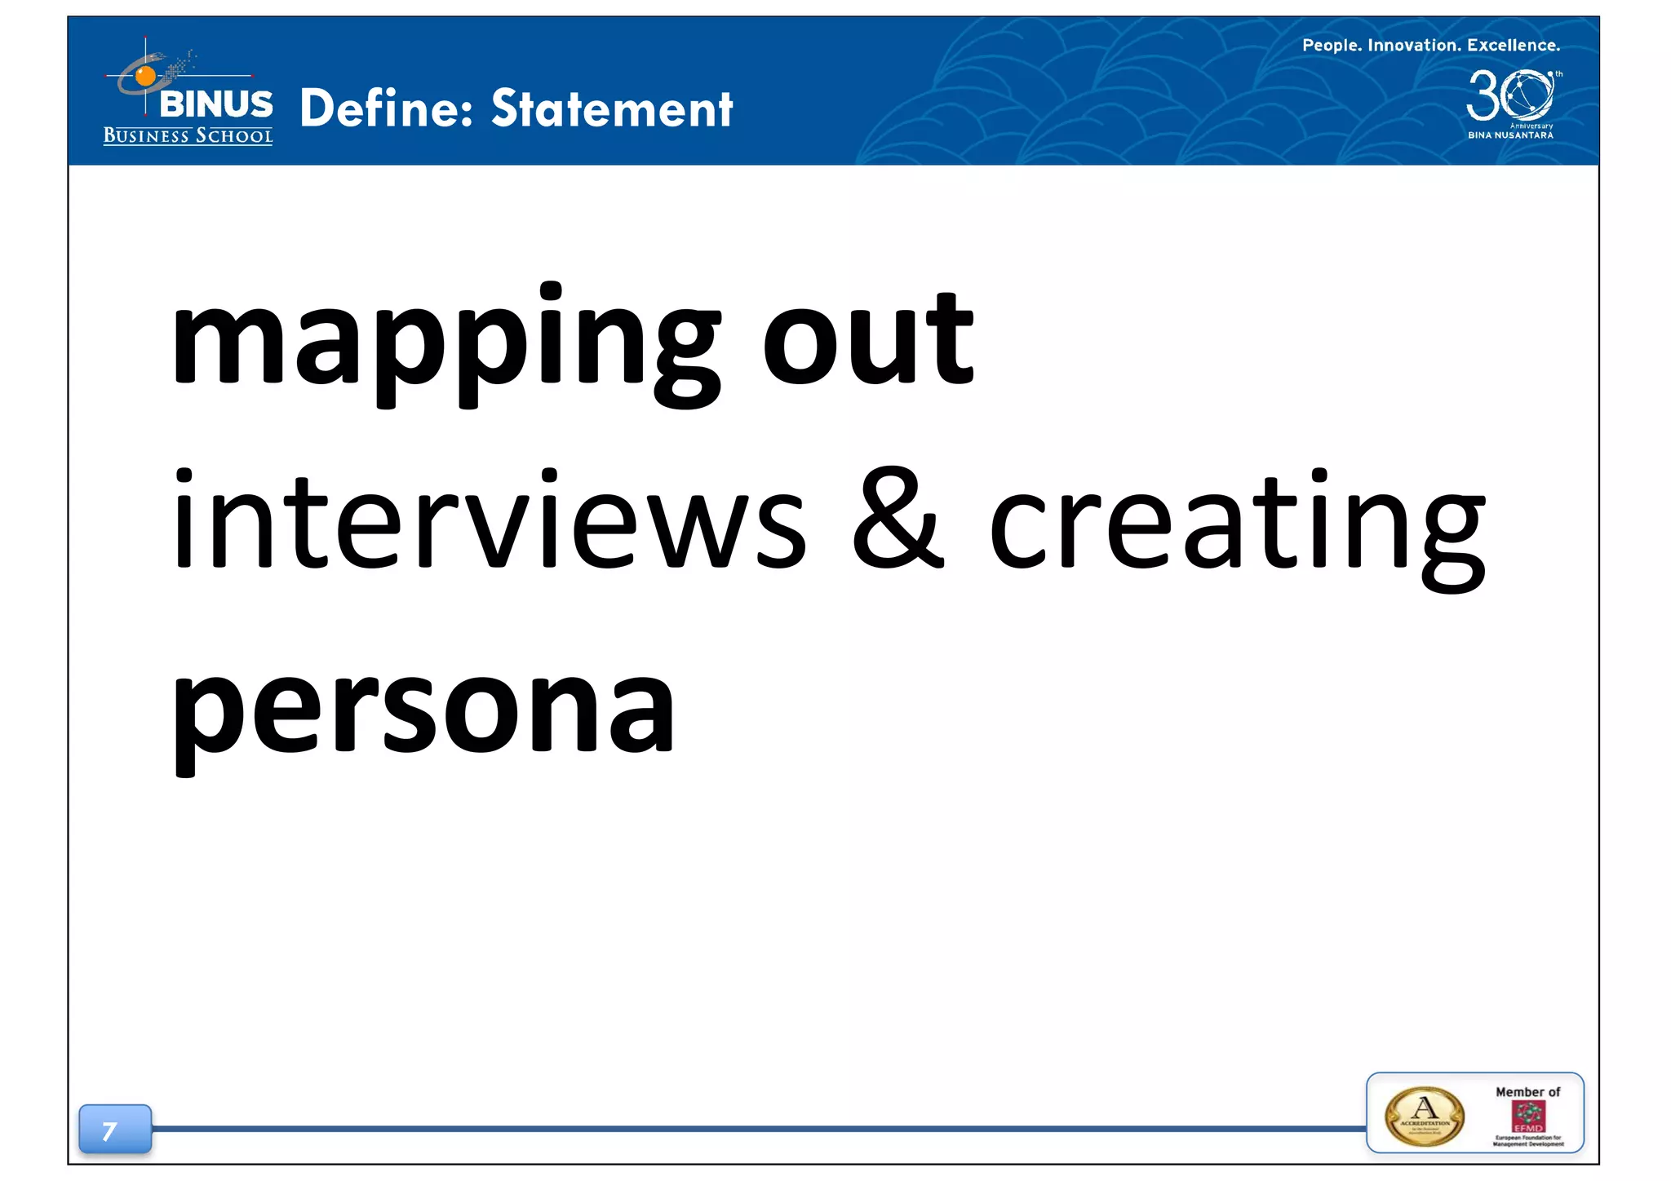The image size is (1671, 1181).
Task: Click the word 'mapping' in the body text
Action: (445, 343)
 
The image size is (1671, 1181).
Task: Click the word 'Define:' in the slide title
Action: (387, 108)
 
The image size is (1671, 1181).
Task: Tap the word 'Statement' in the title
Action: (612, 108)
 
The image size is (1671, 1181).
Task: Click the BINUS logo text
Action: (216, 104)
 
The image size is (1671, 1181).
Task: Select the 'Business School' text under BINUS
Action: (188, 136)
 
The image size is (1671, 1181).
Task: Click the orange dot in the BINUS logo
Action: (145, 77)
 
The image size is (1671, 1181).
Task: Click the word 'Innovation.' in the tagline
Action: (1413, 46)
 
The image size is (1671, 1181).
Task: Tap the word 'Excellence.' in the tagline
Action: (1514, 46)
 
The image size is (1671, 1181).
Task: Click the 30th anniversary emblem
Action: (1511, 95)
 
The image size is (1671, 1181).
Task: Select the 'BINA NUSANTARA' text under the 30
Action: (1510, 135)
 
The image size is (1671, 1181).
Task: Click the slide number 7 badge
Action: (114, 1130)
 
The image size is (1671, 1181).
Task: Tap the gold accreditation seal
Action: (1425, 1117)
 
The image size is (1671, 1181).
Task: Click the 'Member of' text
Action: (1527, 1092)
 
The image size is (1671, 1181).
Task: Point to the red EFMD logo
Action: (1528, 1117)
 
